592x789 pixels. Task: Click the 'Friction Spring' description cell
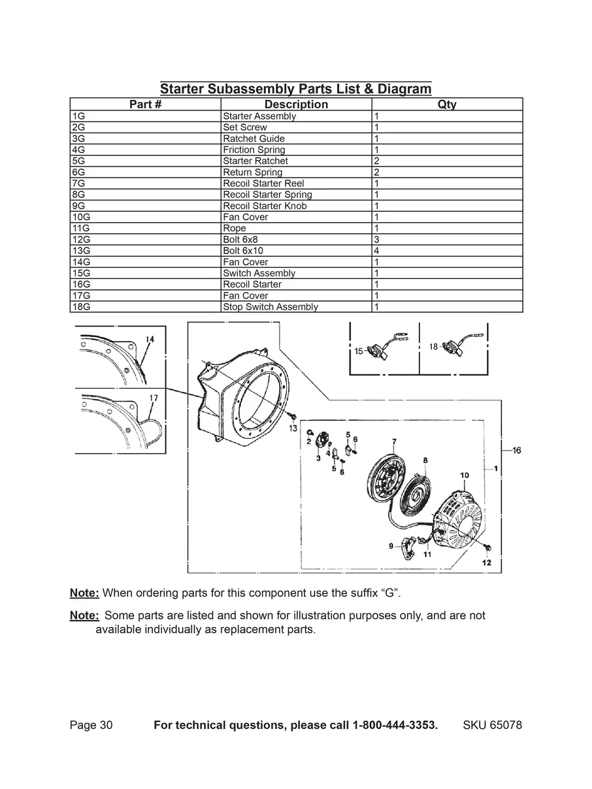[x=254, y=150]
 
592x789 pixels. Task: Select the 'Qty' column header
[x=447, y=105]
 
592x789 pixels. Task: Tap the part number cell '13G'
[x=81, y=251]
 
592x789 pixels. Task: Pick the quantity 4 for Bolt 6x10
[x=377, y=251]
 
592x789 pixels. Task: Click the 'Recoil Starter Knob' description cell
[x=265, y=206]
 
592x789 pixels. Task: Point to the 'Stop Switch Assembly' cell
[x=271, y=307]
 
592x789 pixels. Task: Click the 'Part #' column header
[x=145, y=105]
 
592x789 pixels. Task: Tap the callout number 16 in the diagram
[x=516, y=451]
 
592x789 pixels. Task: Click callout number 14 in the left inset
[x=150, y=339]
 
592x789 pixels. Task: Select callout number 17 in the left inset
[x=153, y=398]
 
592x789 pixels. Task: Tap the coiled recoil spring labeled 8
[x=418, y=492]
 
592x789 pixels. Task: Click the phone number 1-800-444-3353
[x=395, y=726]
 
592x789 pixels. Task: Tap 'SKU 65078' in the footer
[x=492, y=726]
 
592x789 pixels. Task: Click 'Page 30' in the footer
[x=91, y=726]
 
